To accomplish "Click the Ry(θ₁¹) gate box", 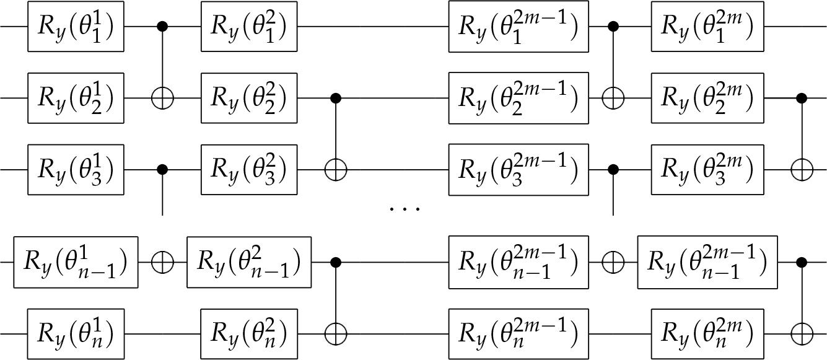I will click(76, 27).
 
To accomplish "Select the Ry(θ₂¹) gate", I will click(76, 98).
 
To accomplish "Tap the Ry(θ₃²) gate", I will click(249, 169).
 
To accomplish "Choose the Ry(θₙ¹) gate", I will click(76, 335).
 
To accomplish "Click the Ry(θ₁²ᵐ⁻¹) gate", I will click(518, 27).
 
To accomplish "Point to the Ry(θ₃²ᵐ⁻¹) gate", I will click(518, 169).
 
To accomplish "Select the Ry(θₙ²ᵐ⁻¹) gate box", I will click(518, 335).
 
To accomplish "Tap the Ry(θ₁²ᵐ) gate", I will click(707, 27).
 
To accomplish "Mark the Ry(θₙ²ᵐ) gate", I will click(707, 335).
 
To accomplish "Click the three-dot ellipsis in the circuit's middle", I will click(405, 209).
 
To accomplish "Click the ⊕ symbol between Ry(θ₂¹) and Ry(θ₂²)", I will click(162, 98).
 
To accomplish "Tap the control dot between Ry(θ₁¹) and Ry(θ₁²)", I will click(162, 27).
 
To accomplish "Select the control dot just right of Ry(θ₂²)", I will click(336, 98).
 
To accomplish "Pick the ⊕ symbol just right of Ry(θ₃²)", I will click(336, 169).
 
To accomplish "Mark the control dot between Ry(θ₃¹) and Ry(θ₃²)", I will click(162, 169).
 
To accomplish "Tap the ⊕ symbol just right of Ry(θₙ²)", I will click(336, 335).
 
